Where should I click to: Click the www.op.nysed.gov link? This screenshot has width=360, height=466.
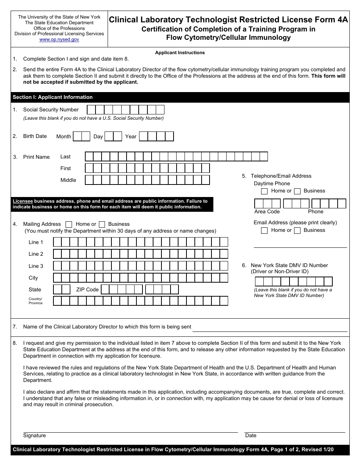[x=59, y=39]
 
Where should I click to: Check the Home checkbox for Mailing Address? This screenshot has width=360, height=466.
[x=69, y=224]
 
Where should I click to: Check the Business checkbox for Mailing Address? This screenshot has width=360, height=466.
[x=102, y=224]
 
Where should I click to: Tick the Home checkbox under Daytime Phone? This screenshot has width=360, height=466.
[x=265, y=191]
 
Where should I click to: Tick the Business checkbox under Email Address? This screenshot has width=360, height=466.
[x=297, y=230]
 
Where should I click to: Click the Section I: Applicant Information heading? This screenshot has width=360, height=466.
[x=53, y=97]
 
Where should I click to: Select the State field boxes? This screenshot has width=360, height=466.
[x=62, y=289]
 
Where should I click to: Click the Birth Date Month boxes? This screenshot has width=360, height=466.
[x=81, y=136]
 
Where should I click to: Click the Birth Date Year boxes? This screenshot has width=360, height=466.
[x=156, y=136]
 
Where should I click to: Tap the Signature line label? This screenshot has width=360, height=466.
[x=34, y=436]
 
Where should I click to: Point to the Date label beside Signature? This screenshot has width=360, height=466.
[x=251, y=436]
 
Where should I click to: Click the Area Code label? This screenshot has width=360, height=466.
[x=267, y=212]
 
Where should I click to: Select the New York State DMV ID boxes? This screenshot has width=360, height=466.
[x=294, y=281]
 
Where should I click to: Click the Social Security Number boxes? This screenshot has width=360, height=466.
[x=126, y=110]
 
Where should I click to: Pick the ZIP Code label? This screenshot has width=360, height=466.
[x=87, y=289]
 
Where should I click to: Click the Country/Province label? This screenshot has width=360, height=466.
[x=36, y=301]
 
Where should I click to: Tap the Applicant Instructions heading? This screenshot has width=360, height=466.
[x=180, y=53]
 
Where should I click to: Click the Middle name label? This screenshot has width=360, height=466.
[x=68, y=180]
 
